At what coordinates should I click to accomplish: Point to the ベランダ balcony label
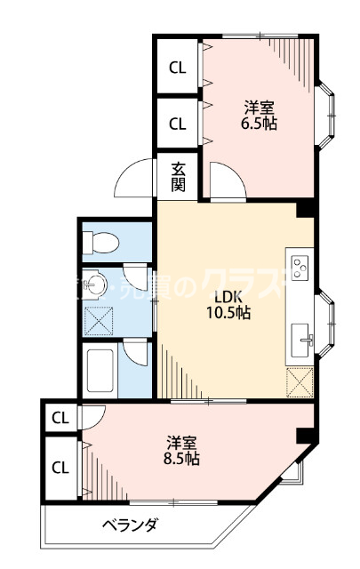[x=129, y=525]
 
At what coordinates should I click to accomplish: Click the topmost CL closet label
[x=178, y=68]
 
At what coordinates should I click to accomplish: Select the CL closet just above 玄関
[x=178, y=124]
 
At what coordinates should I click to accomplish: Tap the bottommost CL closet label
[x=60, y=467]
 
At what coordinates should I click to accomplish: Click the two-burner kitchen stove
[x=300, y=264]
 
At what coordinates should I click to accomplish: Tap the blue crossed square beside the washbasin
[x=96, y=318]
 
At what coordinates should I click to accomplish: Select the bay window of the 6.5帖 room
[x=327, y=111]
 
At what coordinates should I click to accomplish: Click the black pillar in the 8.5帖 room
[x=305, y=436]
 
